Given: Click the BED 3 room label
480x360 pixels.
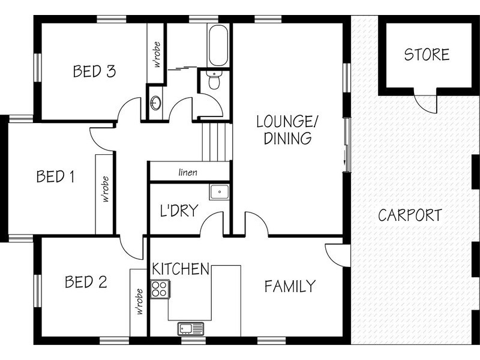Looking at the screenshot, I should [x=94, y=71].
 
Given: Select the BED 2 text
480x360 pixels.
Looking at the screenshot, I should [x=86, y=282].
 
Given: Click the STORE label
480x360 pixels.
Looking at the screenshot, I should [x=427, y=55].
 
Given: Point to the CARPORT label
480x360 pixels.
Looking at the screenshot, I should [x=410, y=215].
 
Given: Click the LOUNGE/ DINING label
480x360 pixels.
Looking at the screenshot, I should [x=284, y=130].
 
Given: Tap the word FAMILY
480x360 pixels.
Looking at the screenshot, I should [x=290, y=286].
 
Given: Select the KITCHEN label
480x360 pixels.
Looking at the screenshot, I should [x=181, y=268].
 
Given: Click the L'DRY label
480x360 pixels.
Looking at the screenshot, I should [x=179, y=211].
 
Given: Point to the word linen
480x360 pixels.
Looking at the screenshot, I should [x=188, y=173].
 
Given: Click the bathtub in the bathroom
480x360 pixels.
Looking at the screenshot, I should [x=217, y=45].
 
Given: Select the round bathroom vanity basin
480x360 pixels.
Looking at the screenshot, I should [x=155, y=103].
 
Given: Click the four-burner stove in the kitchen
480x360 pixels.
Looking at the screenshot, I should [x=159, y=289].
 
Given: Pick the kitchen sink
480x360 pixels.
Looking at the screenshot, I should [x=190, y=328].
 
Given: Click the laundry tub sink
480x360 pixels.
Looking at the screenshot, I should [x=218, y=192].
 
